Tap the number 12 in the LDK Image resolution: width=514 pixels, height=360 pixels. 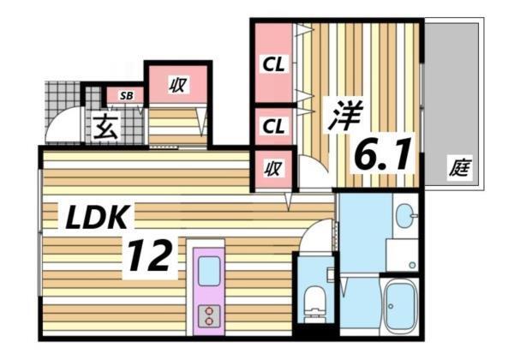tap(154, 255)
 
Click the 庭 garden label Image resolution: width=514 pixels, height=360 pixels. tap(459, 169)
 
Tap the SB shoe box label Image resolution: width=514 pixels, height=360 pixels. tap(126, 95)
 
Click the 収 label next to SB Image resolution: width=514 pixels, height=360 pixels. tap(177, 84)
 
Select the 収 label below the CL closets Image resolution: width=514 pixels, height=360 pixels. tap(273, 169)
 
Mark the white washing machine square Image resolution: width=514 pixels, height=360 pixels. tap(401, 254)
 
